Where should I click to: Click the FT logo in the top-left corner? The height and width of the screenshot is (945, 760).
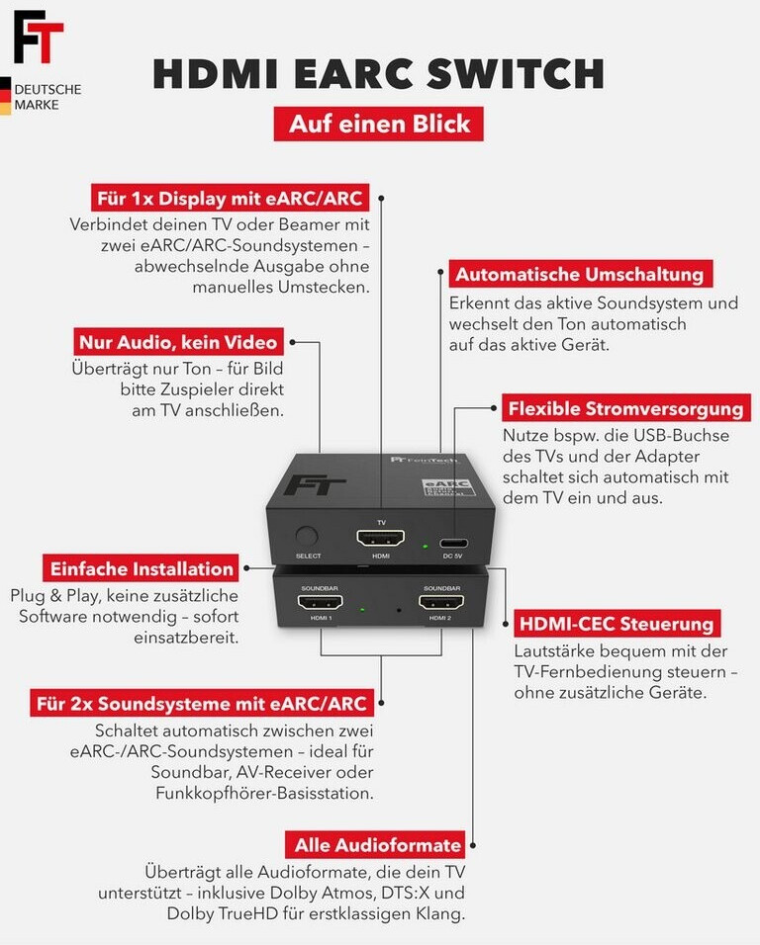pyautogui.click(x=38, y=37)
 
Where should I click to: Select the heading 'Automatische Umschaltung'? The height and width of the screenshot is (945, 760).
pyautogui.click(x=579, y=274)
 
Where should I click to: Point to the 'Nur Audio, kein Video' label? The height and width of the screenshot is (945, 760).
pyautogui.click(x=179, y=343)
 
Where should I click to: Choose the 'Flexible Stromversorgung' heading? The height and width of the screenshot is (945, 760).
pyautogui.click(x=624, y=408)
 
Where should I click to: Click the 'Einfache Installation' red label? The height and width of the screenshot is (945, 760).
pyautogui.click(x=141, y=568)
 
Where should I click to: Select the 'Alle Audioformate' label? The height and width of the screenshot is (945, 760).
pyautogui.click(x=378, y=844)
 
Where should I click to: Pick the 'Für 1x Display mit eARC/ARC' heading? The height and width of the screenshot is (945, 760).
pyautogui.click(x=229, y=197)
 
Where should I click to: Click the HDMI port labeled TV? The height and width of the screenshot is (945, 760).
pyautogui.click(x=381, y=539)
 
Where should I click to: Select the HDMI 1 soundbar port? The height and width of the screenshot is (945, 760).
pyautogui.click(x=320, y=602)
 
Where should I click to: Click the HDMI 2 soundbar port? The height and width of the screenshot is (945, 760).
pyautogui.click(x=440, y=602)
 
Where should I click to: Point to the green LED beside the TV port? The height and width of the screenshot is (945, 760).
pyautogui.click(x=425, y=545)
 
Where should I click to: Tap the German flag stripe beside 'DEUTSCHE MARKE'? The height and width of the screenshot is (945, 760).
pyautogui.click(x=5, y=96)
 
